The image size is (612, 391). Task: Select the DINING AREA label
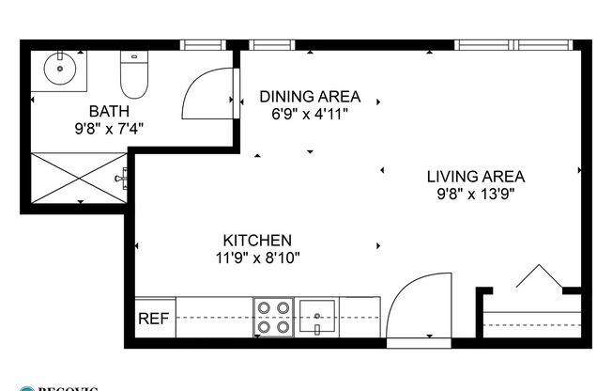(310, 96)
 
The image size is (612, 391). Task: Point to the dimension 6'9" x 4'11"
(310, 113)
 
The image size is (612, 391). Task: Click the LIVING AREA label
(475, 176)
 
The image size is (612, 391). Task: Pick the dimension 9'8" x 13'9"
(475, 194)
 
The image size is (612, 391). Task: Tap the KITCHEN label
(256, 240)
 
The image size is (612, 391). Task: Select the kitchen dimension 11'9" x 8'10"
(256, 257)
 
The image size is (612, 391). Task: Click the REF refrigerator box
(154, 319)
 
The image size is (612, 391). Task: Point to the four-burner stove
(272, 317)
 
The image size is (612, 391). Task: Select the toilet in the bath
(135, 73)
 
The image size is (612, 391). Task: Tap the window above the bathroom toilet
(200, 43)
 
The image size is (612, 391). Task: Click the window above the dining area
(273, 43)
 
